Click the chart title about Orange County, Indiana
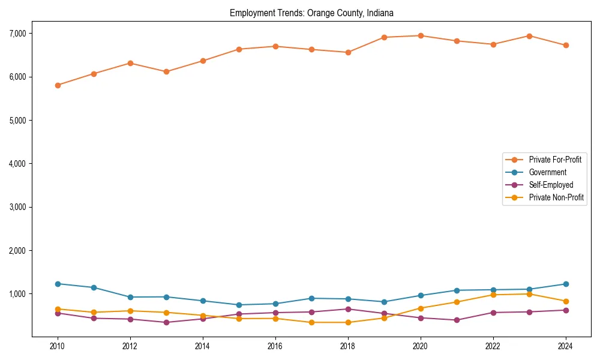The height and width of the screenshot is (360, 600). pyautogui.click(x=311, y=13)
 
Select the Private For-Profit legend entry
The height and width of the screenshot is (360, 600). pyautogui.click(x=555, y=160)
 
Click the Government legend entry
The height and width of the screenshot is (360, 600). pyautogui.click(x=547, y=172)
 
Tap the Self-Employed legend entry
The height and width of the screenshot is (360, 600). pyautogui.click(x=551, y=185)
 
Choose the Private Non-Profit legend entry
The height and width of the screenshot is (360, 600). pyautogui.click(x=556, y=197)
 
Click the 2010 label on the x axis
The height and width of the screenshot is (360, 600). pyautogui.click(x=58, y=346)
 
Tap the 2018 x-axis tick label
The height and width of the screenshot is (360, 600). pyautogui.click(x=348, y=346)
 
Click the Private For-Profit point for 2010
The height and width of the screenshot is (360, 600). pyautogui.click(x=58, y=85)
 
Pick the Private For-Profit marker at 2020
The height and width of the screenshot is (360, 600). pyautogui.click(x=421, y=35)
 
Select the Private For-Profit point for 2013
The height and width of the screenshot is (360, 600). pyautogui.click(x=166, y=71)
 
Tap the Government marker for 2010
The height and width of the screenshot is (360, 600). pyautogui.click(x=58, y=284)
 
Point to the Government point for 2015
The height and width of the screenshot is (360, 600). pyautogui.click(x=239, y=305)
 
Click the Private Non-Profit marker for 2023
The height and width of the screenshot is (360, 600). pyautogui.click(x=529, y=294)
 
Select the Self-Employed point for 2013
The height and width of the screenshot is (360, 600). pyautogui.click(x=166, y=322)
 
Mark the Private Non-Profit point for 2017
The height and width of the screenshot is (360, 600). pyautogui.click(x=311, y=322)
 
